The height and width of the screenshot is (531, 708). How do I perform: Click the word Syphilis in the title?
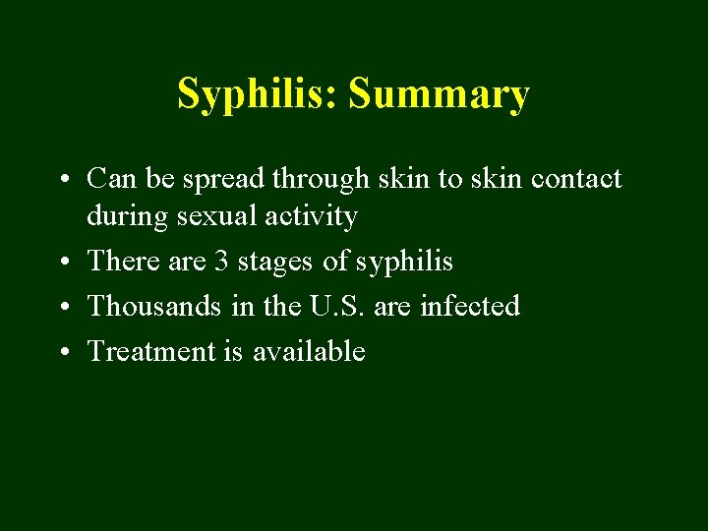pos(258,95)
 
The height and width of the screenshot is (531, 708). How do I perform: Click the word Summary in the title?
pos(440,95)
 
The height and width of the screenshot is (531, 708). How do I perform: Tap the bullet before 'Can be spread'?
pos(62,180)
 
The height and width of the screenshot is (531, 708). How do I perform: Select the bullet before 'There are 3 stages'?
pos(62,263)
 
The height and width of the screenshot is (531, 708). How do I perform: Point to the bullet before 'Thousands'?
pos(62,308)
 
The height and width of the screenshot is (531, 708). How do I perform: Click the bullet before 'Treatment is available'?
pos(62,353)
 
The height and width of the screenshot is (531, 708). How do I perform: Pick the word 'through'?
pos(317,180)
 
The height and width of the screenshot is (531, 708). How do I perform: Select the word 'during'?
pos(127,216)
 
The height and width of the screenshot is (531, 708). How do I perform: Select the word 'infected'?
pos(470,306)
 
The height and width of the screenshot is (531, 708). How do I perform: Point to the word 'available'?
pos(309,351)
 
